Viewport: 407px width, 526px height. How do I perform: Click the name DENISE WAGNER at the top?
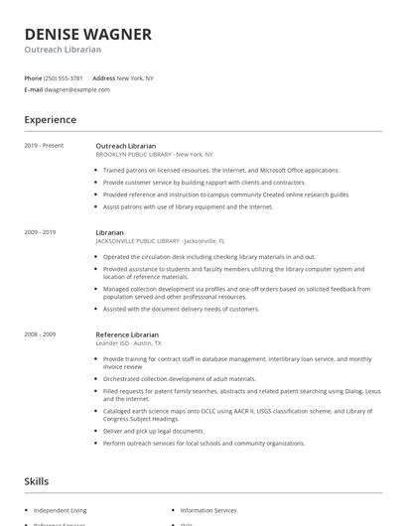coord(88,34)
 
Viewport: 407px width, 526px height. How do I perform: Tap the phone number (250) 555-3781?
coord(64,77)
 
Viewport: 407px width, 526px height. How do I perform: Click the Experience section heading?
coord(51,120)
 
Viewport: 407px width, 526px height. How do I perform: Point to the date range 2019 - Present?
coord(44,146)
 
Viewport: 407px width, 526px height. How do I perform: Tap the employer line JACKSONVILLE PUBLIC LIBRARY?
coord(160,241)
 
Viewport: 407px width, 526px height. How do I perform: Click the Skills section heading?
coord(37,481)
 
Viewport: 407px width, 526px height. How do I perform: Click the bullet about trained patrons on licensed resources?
coord(220,170)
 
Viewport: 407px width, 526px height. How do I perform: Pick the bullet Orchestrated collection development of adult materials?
coord(179,378)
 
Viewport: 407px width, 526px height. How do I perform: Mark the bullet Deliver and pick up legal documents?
coord(154,431)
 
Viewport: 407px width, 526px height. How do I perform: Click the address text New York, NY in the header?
coord(135,77)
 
